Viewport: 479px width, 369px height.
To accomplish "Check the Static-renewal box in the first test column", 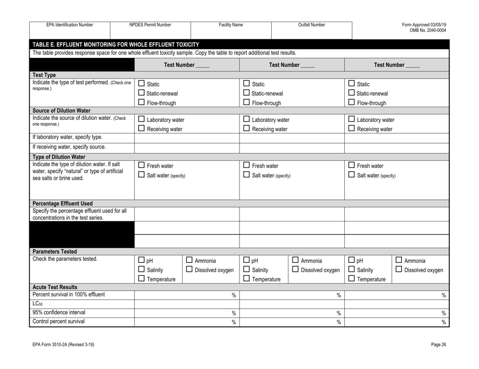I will pyautogui.click(x=142, y=93).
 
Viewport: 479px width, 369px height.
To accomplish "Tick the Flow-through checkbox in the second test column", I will pyautogui.click(x=247, y=104).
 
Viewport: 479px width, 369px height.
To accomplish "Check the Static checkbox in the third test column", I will pyautogui.click(x=352, y=83).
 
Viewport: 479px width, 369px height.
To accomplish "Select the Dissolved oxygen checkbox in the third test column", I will pyautogui.click(x=397, y=271).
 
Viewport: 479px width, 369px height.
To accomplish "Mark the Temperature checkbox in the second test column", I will pyautogui.click(x=247, y=281).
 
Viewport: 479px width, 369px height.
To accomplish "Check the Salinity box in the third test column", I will pyautogui.click(x=352, y=271).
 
